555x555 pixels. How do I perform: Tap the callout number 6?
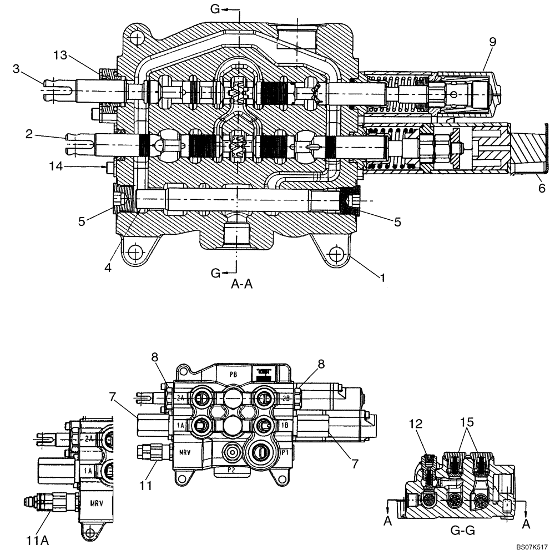[x=542, y=188]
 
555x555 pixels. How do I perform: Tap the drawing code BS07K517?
[x=531, y=547]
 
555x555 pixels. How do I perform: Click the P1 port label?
[x=285, y=452]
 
